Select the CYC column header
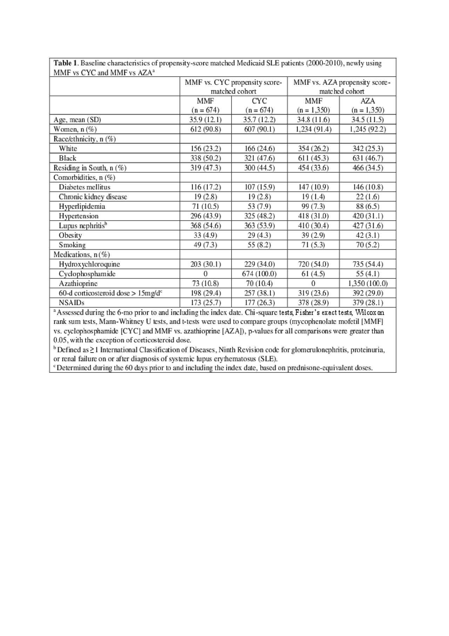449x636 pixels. point(259,101)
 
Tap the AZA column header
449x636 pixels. point(368,101)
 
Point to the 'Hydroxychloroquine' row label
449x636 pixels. point(89,264)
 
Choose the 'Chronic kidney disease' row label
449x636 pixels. point(93,197)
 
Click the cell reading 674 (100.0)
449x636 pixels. point(259,274)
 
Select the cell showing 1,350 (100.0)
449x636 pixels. point(368,283)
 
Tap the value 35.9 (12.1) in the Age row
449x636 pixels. point(206,120)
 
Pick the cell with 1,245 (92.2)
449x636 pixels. point(368,129)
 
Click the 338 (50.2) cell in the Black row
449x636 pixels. point(206,158)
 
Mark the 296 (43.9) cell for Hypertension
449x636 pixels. point(206,216)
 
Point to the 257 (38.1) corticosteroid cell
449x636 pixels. point(259,293)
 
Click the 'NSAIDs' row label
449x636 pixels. point(72,302)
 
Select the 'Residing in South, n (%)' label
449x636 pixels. point(90,168)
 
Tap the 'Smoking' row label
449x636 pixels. point(72,245)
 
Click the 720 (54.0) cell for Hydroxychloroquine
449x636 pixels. point(313,264)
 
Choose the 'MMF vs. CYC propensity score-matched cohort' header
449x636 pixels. point(233,87)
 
